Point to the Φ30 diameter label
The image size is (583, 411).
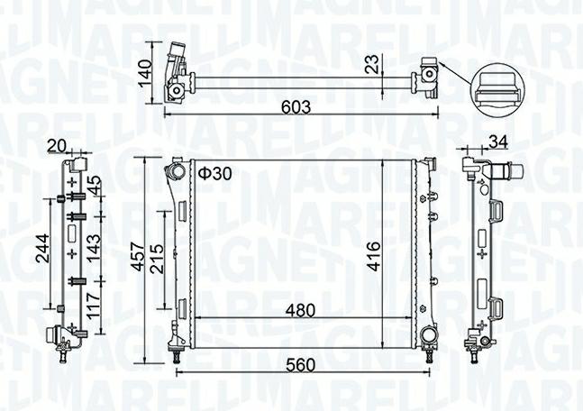216,172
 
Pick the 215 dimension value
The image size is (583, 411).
157,262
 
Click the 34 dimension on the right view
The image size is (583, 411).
496,141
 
